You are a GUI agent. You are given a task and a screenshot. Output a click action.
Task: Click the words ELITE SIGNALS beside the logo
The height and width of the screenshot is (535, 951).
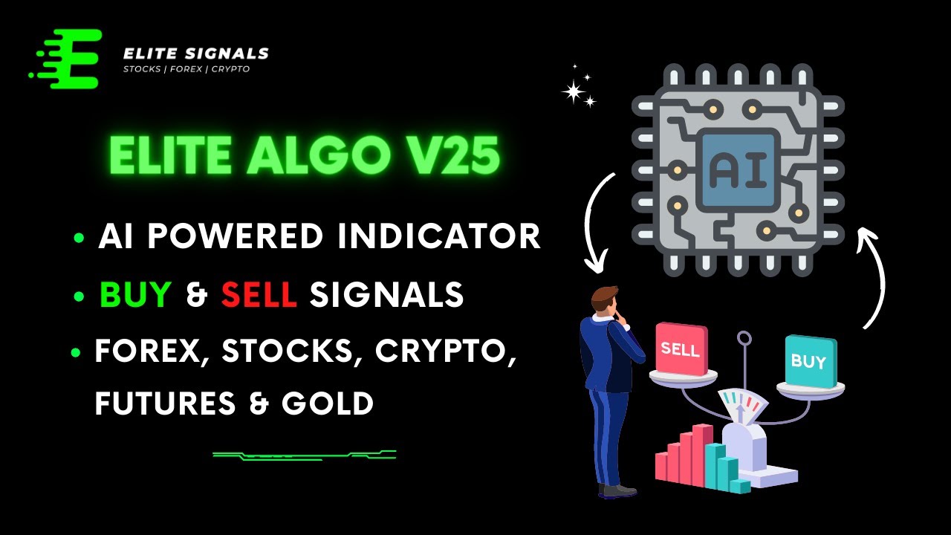pyautogui.click(x=195, y=53)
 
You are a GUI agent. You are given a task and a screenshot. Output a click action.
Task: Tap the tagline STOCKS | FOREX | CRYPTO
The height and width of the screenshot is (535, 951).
pyautogui.click(x=186, y=69)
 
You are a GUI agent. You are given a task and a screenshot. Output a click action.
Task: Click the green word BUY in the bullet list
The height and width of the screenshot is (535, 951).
pyautogui.click(x=136, y=295)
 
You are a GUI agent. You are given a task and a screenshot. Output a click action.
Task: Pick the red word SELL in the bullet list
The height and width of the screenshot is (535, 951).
pyautogui.click(x=259, y=295)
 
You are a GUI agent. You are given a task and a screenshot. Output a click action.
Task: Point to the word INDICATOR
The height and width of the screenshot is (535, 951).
pyautogui.click(x=438, y=236)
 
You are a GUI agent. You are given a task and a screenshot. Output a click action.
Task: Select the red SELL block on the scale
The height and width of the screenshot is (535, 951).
pyautogui.click(x=681, y=348)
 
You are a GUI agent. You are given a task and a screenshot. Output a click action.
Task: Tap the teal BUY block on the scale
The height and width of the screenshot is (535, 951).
pyautogui.click(x=809, y=362)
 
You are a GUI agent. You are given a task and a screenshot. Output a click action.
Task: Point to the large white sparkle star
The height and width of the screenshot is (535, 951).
pyautogui.click(x=573, y=91)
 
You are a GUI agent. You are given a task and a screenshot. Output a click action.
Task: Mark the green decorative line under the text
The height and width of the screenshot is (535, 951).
pyautogui.click(x=304, y=454)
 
